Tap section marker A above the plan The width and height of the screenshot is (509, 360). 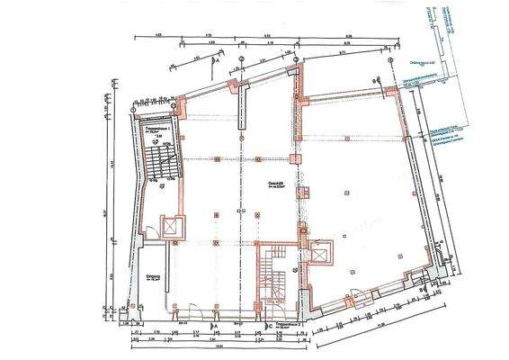[216, 63]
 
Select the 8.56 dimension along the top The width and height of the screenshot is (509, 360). [349, 36]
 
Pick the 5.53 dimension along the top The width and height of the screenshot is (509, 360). [267, 36]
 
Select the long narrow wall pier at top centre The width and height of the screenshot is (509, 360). [239, 112]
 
